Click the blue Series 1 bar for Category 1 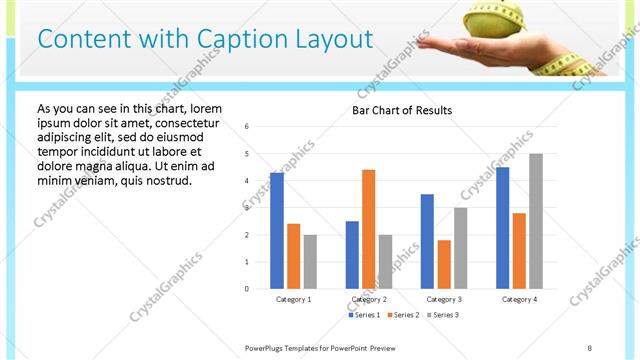click(277, 231)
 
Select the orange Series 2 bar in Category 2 click(368, 229)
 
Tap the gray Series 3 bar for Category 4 click(536, 221)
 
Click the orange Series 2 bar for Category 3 click(444, 264)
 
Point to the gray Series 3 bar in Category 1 click(310, 262)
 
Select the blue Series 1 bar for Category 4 click(502, 228)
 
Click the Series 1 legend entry click(365, 315)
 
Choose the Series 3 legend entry click(444, 315)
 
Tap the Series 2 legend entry click(404, 315)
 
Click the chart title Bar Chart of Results click(402, 110)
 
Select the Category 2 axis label click(369, 299)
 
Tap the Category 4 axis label click(519, 299)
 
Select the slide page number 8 click(590, 347)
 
